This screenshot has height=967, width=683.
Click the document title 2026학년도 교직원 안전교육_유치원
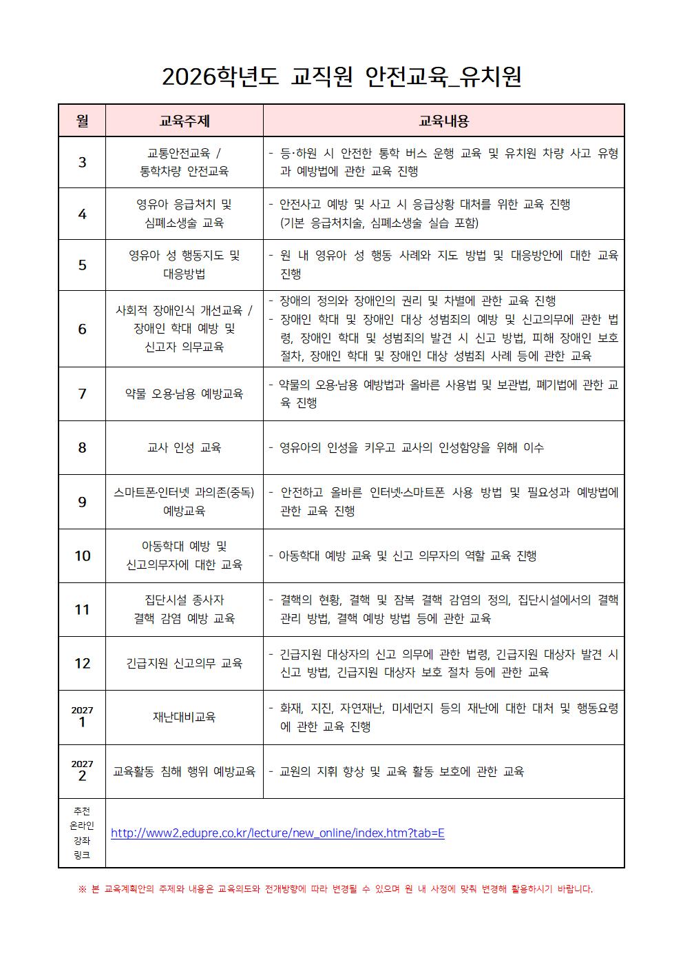click(x=341, y=77)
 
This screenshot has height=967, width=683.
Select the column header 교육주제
click(x=185, y=121)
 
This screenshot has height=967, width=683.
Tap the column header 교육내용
click(x=443, y=121)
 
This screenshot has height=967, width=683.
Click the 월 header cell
click(x=82, y=121)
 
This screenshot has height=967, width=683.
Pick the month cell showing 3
click(x=82, y=163)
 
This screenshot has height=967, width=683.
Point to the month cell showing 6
click(x=82, y=329)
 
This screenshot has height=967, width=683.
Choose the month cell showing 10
click(x=82, y=556)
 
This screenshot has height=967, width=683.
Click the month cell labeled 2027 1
click(x=82, y=717)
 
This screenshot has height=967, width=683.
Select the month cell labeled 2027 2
click(x=82, y=771)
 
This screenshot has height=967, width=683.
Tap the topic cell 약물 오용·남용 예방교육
click(x=185, y=394)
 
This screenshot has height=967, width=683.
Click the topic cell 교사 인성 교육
click(x=185, y=447)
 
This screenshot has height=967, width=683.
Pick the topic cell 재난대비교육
click(x=185, y=717)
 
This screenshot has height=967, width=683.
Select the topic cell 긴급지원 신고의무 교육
click(x=185, y=663)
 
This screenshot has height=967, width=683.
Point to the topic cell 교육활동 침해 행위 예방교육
click(x=185, y=771)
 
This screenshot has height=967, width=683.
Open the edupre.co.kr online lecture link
click(x=277, y=833)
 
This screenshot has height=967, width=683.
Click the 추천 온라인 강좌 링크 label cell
click(x=82, y=833)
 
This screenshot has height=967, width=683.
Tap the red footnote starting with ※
click(x=335, y=889)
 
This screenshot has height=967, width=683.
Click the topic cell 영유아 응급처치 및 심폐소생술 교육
click(x=185, y=214)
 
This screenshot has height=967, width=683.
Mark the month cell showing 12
click(x=82, y=663)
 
